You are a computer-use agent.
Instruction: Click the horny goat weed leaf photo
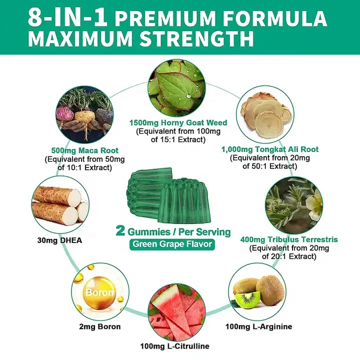178,87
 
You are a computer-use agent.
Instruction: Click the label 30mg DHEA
57,240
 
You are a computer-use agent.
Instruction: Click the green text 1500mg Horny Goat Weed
178,122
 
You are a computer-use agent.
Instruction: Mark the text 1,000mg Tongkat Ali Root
269,149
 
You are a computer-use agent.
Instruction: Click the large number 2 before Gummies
120,231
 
